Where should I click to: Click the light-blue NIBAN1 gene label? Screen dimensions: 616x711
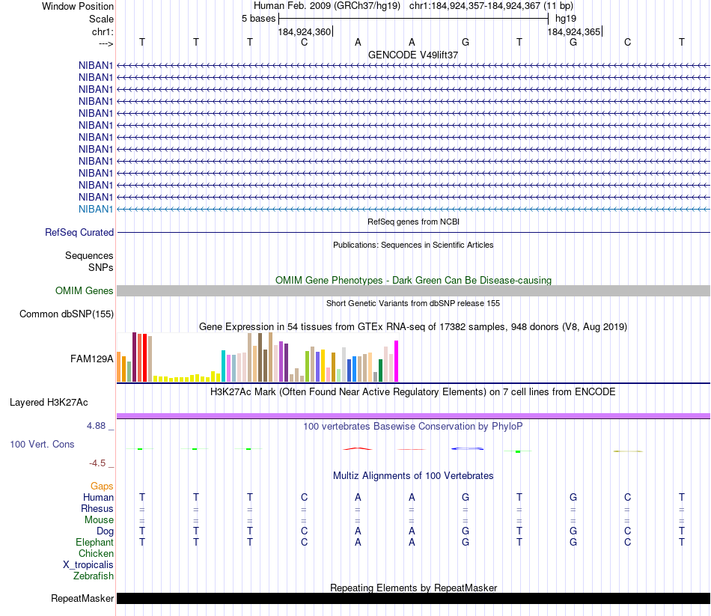coord(96,209)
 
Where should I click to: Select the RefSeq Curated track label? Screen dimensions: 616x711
coord(79,233)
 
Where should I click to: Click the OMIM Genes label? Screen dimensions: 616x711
coord(85,290)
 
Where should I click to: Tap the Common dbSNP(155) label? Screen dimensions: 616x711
coord(67,314)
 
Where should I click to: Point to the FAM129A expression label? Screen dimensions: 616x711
coord(92,359)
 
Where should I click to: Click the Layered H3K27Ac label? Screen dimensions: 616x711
coord(49,402)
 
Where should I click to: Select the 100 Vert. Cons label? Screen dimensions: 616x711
coord(42,444)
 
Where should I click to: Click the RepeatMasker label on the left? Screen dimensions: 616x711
coord(82,598)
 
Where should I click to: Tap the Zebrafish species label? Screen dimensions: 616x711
coord(94,576)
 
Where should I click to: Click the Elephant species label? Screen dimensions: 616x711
coord(94,542)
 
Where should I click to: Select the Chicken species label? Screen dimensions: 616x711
coord(96,554)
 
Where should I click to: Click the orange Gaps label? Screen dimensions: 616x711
coord(102,486)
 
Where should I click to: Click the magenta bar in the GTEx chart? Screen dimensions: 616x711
coord(397,362)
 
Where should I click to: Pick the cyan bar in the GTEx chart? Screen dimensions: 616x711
coord(223,366)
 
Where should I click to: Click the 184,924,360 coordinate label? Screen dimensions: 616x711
coord(304,32)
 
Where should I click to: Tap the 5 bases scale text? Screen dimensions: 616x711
coord(258,18)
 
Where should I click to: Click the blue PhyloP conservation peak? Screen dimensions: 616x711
coord(467,448)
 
